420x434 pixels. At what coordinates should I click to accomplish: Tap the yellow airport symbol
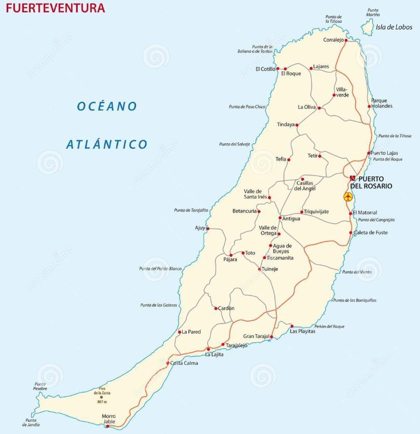348,196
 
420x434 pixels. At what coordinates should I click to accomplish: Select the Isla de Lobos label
394,27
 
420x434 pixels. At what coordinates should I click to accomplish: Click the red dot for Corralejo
347,40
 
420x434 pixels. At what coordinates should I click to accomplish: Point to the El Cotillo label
265,69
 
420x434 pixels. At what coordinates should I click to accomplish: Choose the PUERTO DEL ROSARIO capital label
374,182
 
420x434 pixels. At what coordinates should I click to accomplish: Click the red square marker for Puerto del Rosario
353,178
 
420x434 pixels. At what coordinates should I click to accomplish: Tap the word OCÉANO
107,106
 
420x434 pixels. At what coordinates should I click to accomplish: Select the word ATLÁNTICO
106,144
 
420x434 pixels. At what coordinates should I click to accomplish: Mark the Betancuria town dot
259,211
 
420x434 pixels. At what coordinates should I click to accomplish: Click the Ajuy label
200,228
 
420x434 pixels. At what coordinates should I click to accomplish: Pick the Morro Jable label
109,419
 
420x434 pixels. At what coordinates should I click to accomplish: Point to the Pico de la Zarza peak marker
101,397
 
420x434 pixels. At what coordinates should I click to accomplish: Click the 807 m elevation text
102,402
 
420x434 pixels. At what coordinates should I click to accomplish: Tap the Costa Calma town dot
168,363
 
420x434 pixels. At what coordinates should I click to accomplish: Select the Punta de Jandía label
31,423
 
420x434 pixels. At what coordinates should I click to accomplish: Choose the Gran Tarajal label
256,336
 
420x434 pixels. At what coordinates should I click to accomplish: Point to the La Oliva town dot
319,108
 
